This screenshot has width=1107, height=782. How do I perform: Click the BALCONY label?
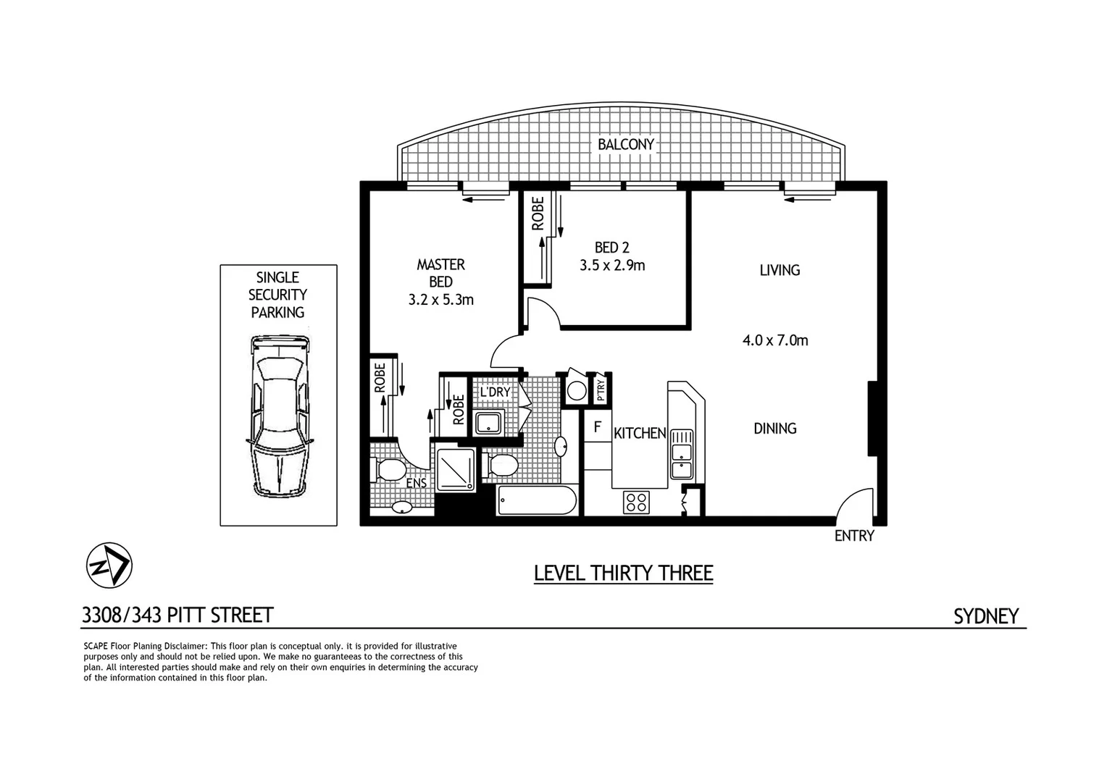click(625, 145)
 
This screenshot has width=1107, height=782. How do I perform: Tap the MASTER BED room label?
click(440, 273)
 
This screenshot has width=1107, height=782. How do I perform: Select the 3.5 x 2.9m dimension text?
click(611, 266)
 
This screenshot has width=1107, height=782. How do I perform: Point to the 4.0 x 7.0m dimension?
click(774, 340)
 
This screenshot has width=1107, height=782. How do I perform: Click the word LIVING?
click(780, 271)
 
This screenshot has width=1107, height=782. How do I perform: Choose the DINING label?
click(774, 429)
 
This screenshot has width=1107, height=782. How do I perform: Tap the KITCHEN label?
click(640, 434)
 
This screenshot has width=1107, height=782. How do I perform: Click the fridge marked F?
click(598, 427)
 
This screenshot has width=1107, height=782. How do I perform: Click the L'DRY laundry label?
click(496, 392)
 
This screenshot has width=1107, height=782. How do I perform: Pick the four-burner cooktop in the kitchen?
click(636, 502)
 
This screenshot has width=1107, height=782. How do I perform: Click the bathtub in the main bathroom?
click(537, 500)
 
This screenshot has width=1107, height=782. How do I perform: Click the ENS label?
click(416, 484)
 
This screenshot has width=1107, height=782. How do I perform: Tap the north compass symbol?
click(109, 565)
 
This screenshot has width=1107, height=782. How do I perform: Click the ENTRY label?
click(854, 537)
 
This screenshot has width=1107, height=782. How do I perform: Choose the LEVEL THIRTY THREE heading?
click(623, 573)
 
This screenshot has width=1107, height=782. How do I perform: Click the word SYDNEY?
click(985, 616)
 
